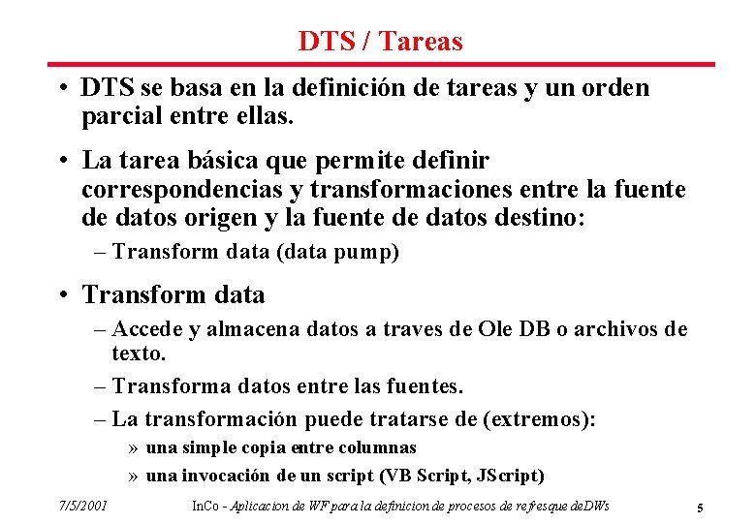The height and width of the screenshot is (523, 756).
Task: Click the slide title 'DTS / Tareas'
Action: (x=380, y=42)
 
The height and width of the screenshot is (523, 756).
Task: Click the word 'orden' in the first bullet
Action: (x=618, y=88)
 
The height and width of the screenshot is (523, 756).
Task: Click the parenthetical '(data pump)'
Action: (x=338, y=253)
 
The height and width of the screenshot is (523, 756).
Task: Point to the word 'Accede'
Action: (x=148, y=329)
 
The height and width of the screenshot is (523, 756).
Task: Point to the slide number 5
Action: (x=699, y=507)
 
